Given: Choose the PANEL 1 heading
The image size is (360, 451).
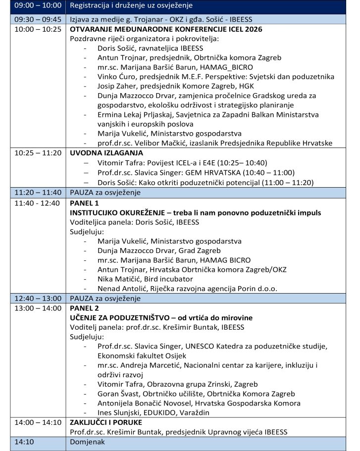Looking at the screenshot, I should pos(85,203).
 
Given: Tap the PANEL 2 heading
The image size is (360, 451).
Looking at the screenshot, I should pos(85,308).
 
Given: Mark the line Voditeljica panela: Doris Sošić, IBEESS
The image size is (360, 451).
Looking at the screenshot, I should pos(134,222).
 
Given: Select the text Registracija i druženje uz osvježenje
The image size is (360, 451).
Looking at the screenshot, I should pos(131,6).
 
